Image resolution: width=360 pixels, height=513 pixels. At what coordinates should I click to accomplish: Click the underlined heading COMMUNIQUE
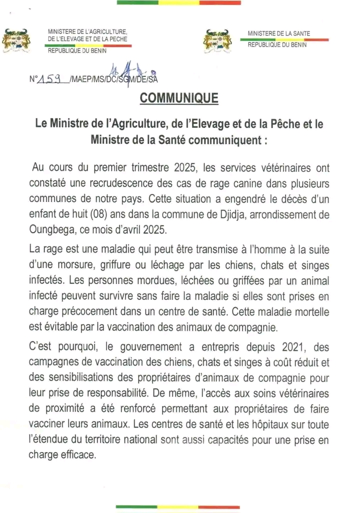(x=179, y=98)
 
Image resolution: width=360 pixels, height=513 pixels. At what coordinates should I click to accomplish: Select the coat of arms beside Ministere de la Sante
(x=218, y=40)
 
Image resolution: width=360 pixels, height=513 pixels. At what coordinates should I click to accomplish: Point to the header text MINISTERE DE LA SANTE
(x=278, y=33)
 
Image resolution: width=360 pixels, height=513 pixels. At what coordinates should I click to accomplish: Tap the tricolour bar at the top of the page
(x=178, y=3)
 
